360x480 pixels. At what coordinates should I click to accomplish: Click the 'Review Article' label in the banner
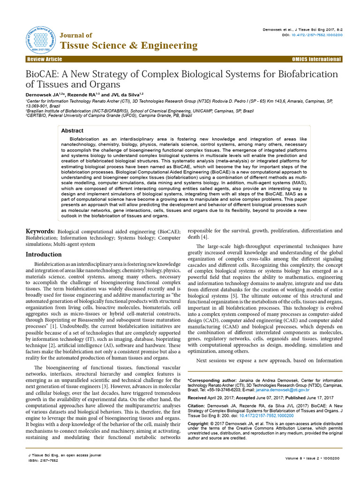[45, 59]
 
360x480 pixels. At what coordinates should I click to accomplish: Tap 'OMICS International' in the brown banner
[316, 59]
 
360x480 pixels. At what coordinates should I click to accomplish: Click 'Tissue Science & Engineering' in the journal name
[129, 45]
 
